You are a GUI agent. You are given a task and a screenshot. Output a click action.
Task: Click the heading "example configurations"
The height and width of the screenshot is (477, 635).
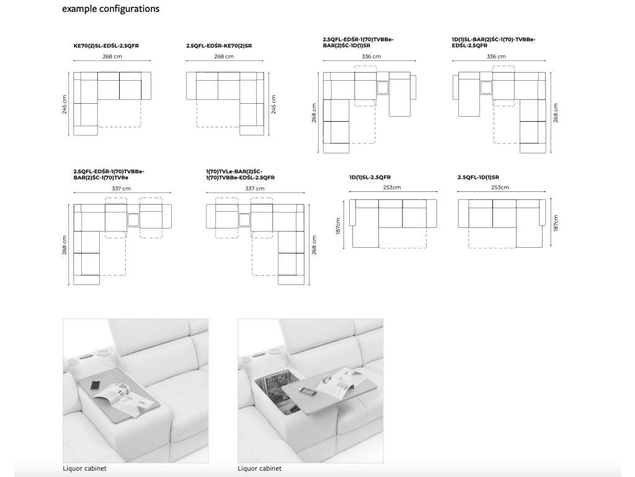[x=111, y=9]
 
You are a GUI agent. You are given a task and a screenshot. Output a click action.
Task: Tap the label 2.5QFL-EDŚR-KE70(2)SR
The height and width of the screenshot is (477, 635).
[x=220, y=46]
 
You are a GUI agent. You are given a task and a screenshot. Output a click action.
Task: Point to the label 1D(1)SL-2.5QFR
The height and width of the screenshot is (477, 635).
[x=370, y=177]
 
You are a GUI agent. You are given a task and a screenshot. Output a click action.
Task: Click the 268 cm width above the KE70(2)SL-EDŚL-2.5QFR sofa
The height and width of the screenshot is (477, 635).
[x=112, y=57]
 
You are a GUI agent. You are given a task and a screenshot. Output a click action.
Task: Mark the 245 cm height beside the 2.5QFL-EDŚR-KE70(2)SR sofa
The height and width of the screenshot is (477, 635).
[x=273, y=104]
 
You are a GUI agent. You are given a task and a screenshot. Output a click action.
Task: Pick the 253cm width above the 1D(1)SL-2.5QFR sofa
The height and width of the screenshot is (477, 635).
[x=393, y=187]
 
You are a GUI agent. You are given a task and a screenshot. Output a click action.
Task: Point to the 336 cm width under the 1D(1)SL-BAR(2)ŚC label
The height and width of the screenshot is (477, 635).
[x=496, y=57]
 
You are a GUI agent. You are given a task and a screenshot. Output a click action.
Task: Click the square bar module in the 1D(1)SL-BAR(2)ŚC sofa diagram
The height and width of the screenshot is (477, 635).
[x=485, y=88]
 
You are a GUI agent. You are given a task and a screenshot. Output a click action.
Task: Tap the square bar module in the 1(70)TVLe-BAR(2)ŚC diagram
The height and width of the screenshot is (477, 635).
[x=243, y=219]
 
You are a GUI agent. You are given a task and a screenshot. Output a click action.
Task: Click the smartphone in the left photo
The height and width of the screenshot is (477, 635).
[x=95, y=385]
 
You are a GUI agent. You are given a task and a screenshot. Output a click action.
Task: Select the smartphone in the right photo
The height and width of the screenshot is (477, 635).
[x=305, y=391]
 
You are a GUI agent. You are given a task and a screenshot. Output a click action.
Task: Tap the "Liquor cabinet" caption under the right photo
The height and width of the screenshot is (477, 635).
[x=260, y=468]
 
